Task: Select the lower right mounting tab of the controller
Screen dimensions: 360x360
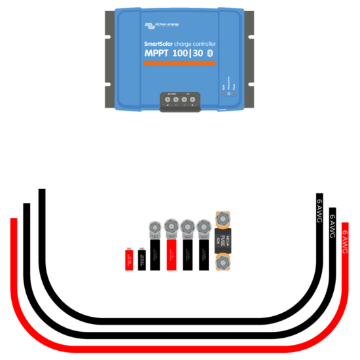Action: [252, 94]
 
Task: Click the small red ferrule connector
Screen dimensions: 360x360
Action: [130, 259]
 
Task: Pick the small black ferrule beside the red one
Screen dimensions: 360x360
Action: [142, 259]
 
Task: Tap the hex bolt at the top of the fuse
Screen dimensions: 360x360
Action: [223, 219]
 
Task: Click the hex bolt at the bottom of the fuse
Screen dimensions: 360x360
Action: [223, 264]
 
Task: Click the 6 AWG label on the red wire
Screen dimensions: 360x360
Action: [345, 240]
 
